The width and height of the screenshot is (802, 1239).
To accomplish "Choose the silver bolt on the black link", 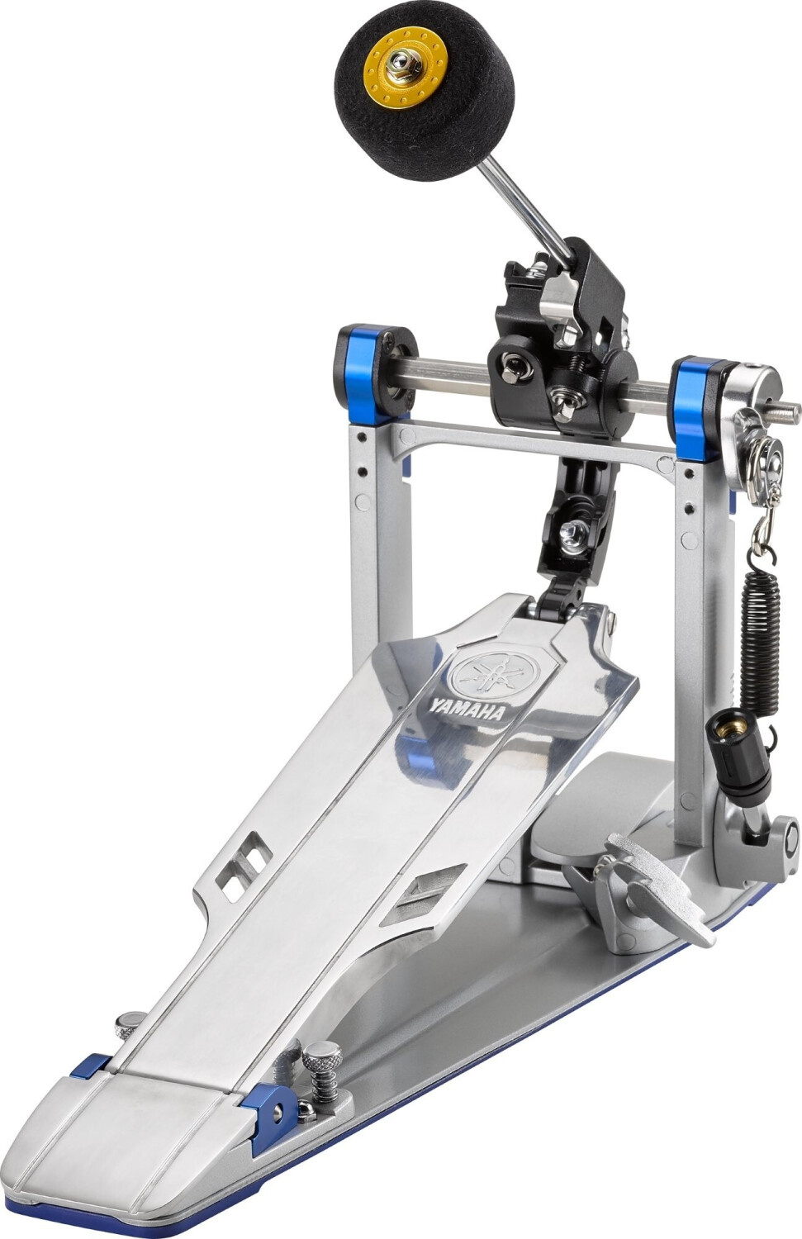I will pyautogui.click(x=572, y=530).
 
